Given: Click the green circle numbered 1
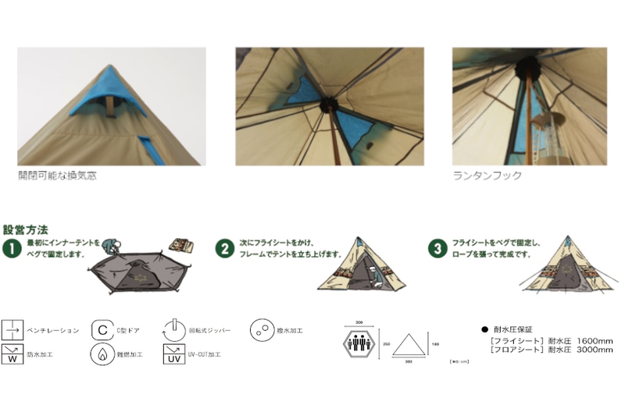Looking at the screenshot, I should click(11, 249).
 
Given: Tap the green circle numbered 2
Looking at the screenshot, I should click(225, 249).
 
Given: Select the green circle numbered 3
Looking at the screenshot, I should click(437, 249).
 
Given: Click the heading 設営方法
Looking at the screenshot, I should click(25, 230).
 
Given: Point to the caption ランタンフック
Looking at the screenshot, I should click(487, 176).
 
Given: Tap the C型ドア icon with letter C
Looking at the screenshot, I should click(102, 330).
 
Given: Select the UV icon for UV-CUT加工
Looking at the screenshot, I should click(173, 354).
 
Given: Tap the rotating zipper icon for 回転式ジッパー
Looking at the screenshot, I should click(173, 329).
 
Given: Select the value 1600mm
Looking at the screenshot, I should click(591, 340).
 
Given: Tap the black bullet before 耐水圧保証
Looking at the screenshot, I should click(485, 329).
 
